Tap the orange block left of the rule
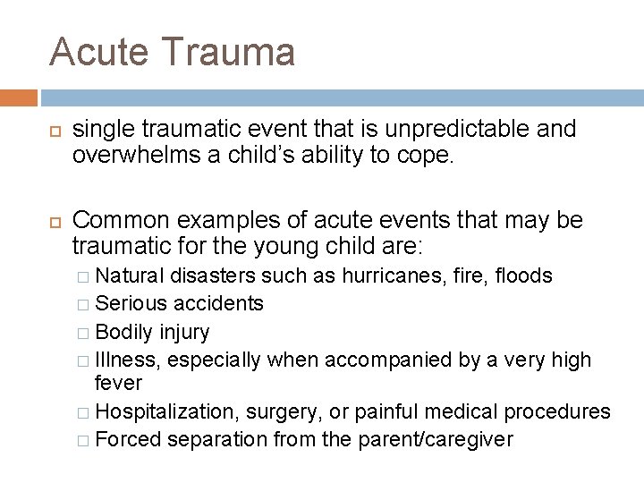click(19, 97)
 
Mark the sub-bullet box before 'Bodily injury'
click(82, 333)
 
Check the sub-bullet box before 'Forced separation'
click(82, 440)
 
